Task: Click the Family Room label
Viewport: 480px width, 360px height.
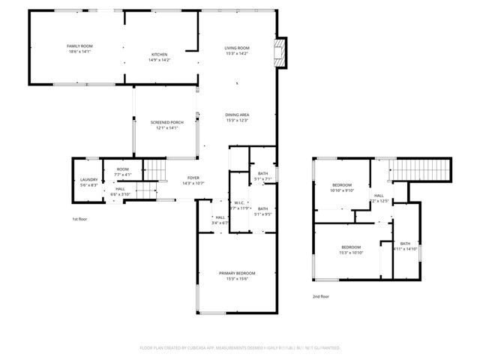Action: click(x=78, y=46)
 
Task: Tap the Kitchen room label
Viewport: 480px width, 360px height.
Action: click(x=159, y=55)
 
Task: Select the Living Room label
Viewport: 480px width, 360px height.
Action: click(x=236, y=48)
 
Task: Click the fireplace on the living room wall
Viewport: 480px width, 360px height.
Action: click(x=280, y=52)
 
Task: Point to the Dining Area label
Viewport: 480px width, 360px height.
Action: click(x=236, y=114)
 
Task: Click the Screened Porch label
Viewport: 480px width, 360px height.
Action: click(x=166, y=122)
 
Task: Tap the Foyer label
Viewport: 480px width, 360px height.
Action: click(x=193, y=178)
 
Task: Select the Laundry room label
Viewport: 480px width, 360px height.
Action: click(x=88, y=180)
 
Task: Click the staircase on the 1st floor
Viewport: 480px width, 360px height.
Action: click(x=154, y=171)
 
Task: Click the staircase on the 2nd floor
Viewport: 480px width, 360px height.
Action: click(x=424, y=169)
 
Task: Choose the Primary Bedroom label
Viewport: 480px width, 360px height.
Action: click(x=237, y=273)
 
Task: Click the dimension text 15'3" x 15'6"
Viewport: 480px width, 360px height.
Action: click(x=237, y=279)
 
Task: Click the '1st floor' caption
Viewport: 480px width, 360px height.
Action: click(x=80, y=218)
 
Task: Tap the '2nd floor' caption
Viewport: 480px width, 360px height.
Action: click(x=320, y=296)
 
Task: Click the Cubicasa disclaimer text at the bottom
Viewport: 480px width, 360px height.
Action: click(x=240, y=348)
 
